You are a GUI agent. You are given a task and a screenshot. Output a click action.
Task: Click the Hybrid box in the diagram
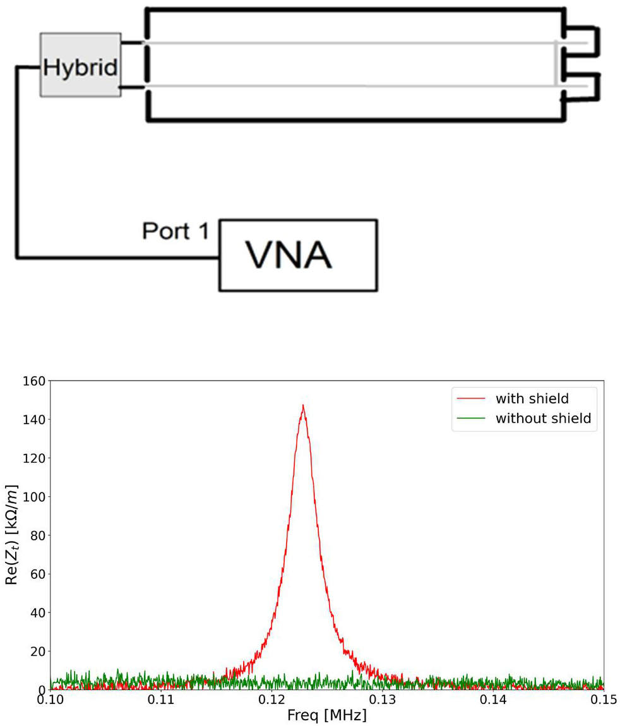[80, 65]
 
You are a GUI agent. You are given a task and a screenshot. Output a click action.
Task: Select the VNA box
[298, 255]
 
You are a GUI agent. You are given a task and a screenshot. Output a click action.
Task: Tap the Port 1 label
[174, 231]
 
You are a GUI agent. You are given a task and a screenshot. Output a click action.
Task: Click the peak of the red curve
[303, 405]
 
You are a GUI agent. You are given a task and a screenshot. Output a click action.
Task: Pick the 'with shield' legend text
[532, 398]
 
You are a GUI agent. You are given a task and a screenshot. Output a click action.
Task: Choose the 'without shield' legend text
[543, 418]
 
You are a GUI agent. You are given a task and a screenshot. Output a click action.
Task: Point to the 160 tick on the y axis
[32, 381]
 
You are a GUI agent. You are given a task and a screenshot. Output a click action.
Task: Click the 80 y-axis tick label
[36, 535]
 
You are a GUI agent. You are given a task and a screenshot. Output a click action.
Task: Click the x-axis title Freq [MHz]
[326, 717]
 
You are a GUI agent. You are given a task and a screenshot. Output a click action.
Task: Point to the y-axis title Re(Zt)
[13, 535]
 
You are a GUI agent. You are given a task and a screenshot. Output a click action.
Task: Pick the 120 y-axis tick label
[32, 458]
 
